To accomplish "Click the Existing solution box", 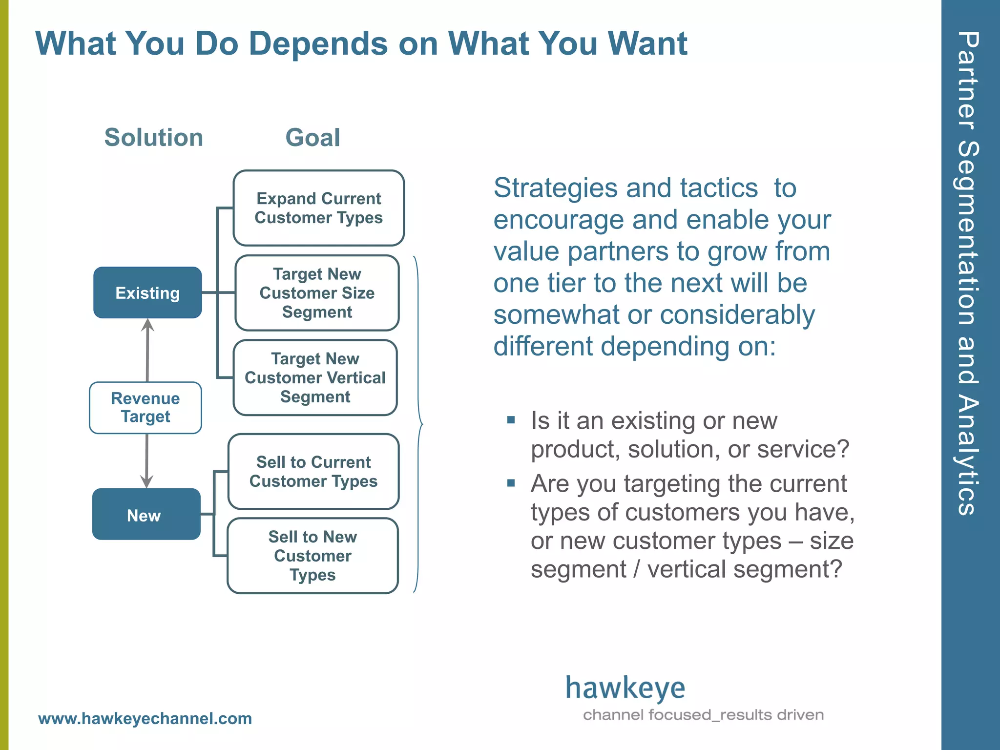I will click(147, 293).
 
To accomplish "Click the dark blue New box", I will click(146, 515).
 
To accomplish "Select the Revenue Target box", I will click(146, 408).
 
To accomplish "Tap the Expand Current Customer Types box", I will click(318, 208).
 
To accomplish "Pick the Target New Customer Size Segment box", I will click(317, 293).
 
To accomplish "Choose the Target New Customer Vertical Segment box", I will click(315, 378).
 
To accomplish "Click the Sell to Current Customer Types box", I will click(313, 472).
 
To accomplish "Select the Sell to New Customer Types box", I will click(312, 556).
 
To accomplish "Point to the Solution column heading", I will click(154, 137).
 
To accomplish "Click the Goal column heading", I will click(312, 137).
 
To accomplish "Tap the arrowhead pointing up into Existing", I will click(147, 325).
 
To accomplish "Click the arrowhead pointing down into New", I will click(146, 481).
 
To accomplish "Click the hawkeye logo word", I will click(625, 688).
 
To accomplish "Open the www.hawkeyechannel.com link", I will click(145, 719).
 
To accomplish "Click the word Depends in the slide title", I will click(318, 44).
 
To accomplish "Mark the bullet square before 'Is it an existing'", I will click(511, 420).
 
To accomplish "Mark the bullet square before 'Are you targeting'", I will click(511, 483).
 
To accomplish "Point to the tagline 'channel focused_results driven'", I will click(703, 715).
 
